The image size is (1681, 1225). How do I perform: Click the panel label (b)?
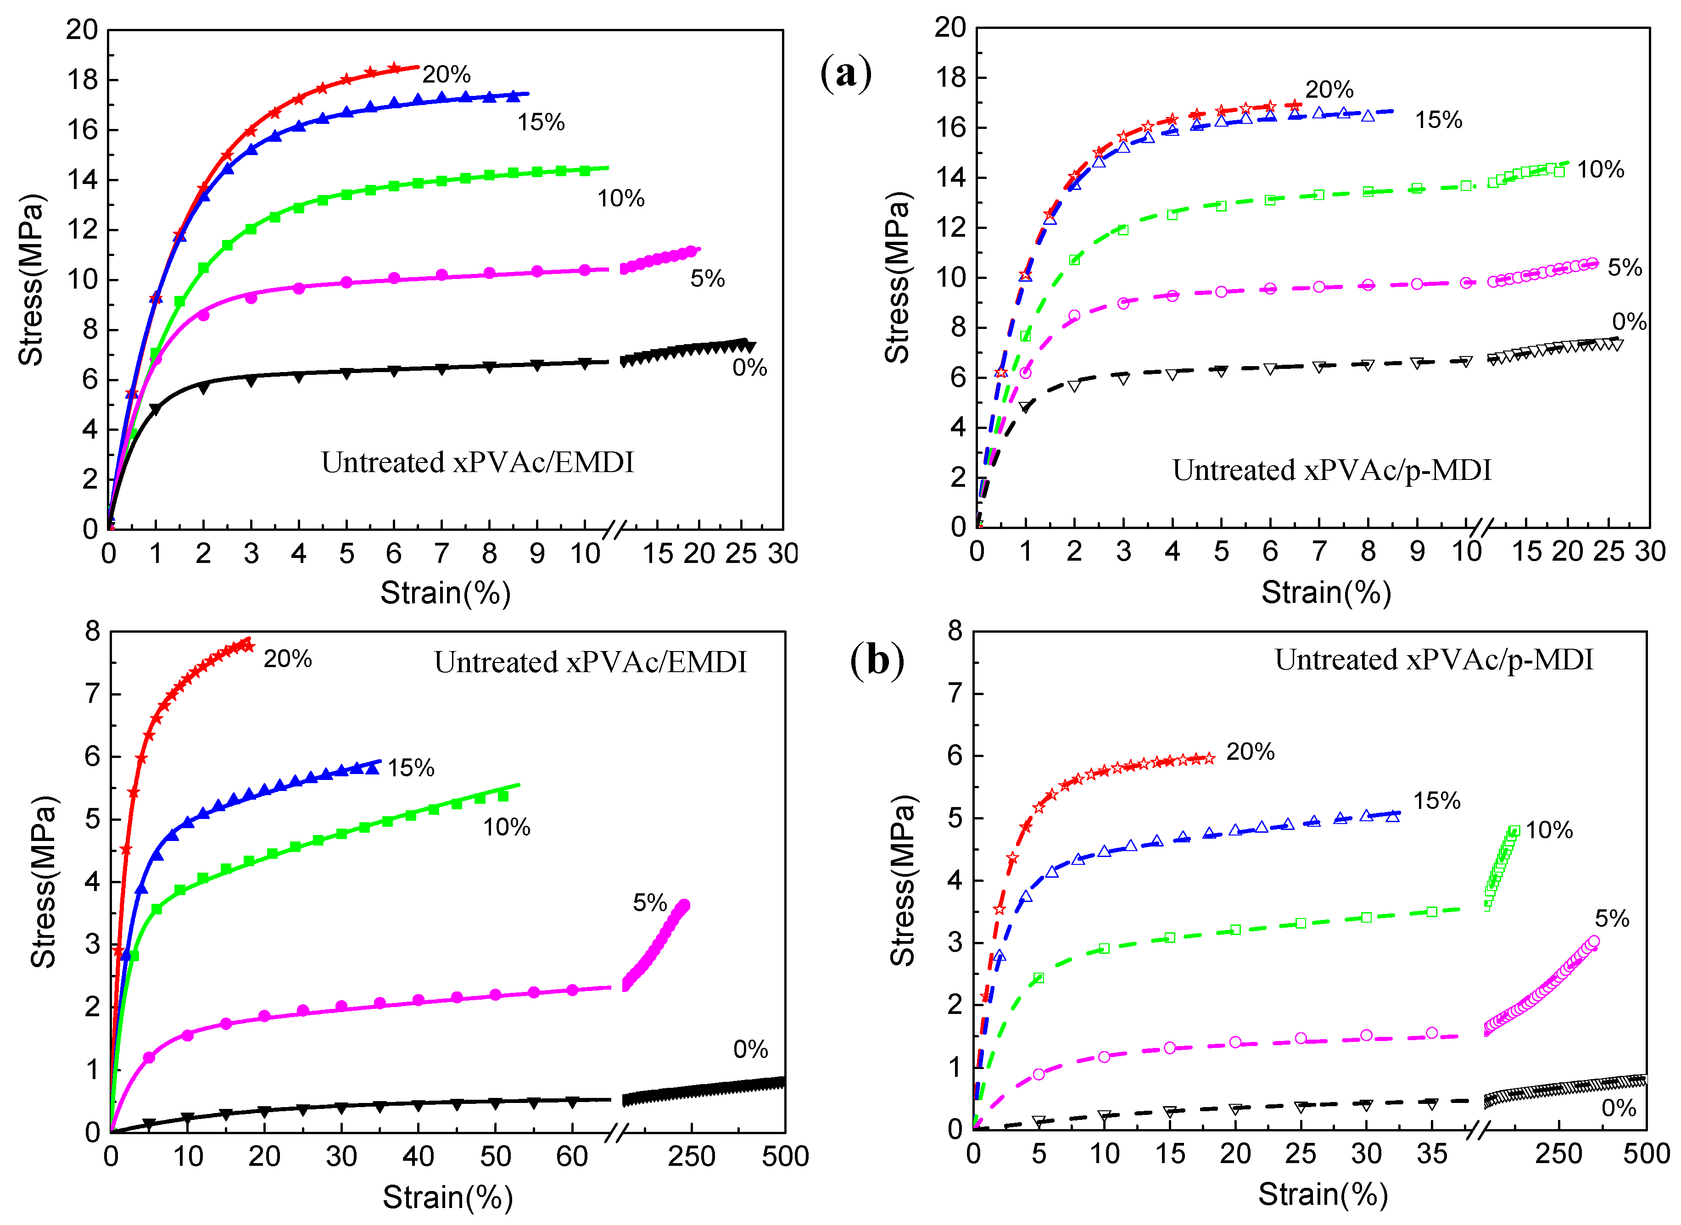click(877, 659)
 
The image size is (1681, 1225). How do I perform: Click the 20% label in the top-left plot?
click(447, 74)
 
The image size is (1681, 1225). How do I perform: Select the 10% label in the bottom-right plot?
click(1549, 830)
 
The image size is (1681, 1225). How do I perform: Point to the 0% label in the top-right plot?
click(1629, 321)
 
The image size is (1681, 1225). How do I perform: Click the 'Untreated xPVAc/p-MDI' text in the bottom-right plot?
click(1433, 659)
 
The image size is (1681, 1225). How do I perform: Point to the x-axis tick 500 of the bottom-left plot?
click(785, 1156)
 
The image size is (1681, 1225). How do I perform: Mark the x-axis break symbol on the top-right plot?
click(1481, 529)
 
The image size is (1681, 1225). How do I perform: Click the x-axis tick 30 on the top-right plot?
click(1650, 551)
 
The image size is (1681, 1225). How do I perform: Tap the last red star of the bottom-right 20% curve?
click(1209, 758)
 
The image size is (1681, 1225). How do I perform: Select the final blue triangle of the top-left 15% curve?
click(513, 96)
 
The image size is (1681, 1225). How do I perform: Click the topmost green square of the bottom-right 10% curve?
click(1514, 831)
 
